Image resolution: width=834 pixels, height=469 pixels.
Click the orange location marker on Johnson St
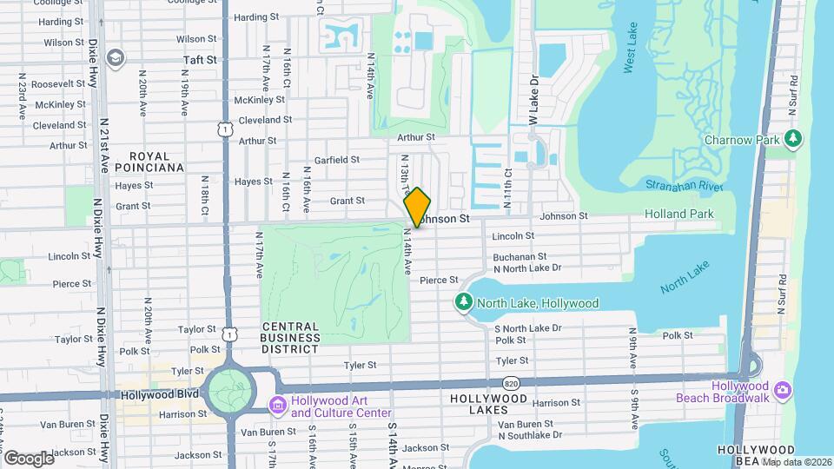click(417, 207)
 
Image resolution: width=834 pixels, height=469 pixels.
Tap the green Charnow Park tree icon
click(792, 138)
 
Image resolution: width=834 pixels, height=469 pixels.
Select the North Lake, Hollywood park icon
click(465, 302)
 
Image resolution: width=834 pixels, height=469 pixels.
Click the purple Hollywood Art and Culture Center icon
click(278, 405)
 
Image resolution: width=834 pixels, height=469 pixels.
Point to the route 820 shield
click(512, 382)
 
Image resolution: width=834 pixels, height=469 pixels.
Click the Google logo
click(29, 458)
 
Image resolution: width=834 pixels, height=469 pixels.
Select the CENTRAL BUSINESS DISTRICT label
click(290, 338)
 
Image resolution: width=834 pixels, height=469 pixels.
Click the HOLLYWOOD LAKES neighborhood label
click(489, 403)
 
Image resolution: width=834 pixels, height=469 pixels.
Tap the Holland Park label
click(678, 214)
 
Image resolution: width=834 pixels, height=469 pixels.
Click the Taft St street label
click(200, 60)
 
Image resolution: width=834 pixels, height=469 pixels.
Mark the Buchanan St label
click(519, 257)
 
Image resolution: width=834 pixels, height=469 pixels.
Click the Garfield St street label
click(337, 160)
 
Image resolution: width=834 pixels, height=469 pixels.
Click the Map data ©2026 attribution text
click(796, 462)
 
